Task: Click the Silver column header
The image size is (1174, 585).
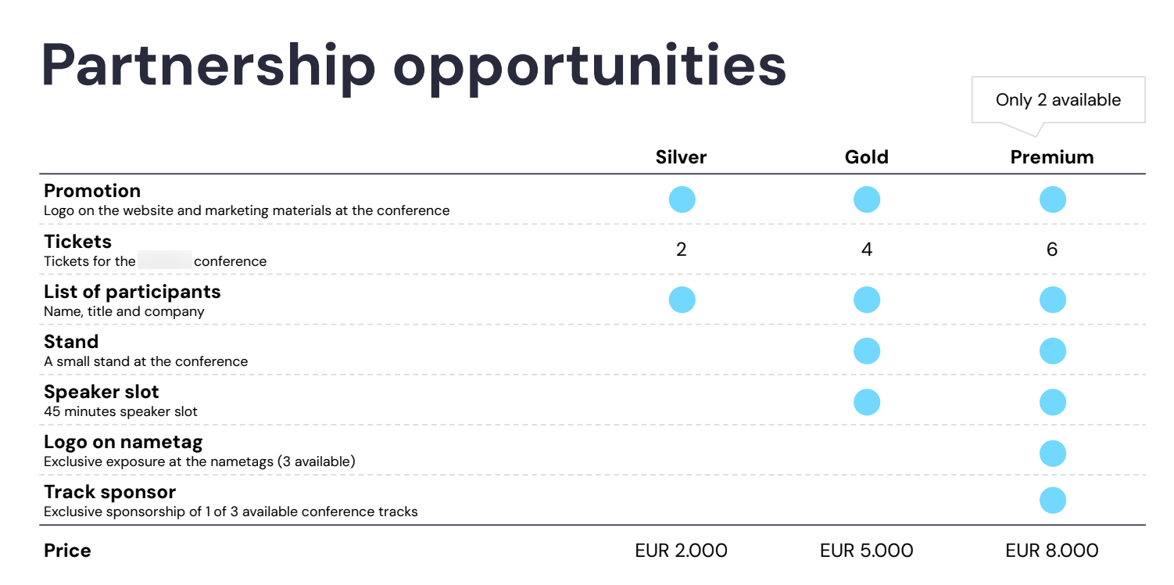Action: coord(681,157)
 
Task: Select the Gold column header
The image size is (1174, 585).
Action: coord(866,157)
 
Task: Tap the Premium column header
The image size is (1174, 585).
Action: coord(1051,157)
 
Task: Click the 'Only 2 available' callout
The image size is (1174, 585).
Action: coord(1058,100)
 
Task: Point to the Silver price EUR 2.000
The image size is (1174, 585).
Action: coord(681,551)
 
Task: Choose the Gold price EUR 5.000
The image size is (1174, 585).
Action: coord(866,551)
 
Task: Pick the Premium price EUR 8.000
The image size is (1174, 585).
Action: coord(1051,551)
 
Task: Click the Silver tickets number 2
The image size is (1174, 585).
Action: coord(681,249)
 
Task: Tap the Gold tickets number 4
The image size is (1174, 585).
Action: coord(866,249)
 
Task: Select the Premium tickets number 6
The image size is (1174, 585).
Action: coord(1051,249)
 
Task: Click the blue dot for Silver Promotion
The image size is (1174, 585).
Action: coord(682,199)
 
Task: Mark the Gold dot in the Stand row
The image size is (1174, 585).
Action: coord(866,350)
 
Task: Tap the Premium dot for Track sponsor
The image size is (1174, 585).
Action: coord(1052,501)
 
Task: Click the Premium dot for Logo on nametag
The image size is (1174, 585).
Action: coord(1052,453)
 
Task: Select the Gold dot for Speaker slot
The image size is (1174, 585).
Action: coord(866,401)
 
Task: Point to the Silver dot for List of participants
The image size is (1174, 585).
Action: coord(682,300)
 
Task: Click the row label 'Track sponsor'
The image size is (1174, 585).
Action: coord(109,492)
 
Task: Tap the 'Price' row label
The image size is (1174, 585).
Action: coord(67,551)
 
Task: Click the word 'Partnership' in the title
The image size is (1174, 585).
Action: coord(209,66)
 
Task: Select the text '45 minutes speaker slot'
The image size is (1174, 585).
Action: coord(120,411)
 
